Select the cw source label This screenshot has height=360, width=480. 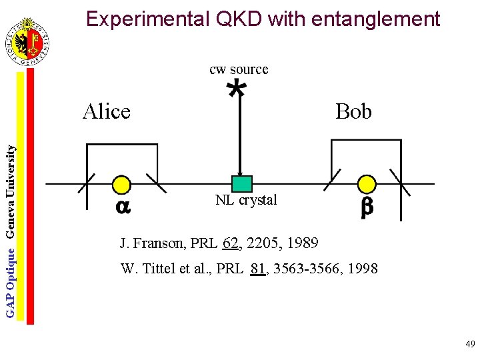click(x=239, y=69)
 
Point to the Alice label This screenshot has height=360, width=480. click(x=107, y=111)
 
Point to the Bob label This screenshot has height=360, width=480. click(x=353, y=111)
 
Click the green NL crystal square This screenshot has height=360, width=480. click(x=241, y=183)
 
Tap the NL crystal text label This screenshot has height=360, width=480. click(x=246, y=200)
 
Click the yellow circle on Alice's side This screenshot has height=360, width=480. click(x=121, y=185)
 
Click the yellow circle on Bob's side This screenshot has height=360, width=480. click(x=367, y=184)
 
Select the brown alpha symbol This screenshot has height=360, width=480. click(x=123, y=207)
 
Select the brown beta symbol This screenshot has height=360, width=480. click(x=367, y=208)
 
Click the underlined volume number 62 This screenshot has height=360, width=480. click(x=231, y=243)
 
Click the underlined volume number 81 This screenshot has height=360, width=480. click(x=259, y=269)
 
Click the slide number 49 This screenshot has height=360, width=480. click(x=470, y=344)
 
